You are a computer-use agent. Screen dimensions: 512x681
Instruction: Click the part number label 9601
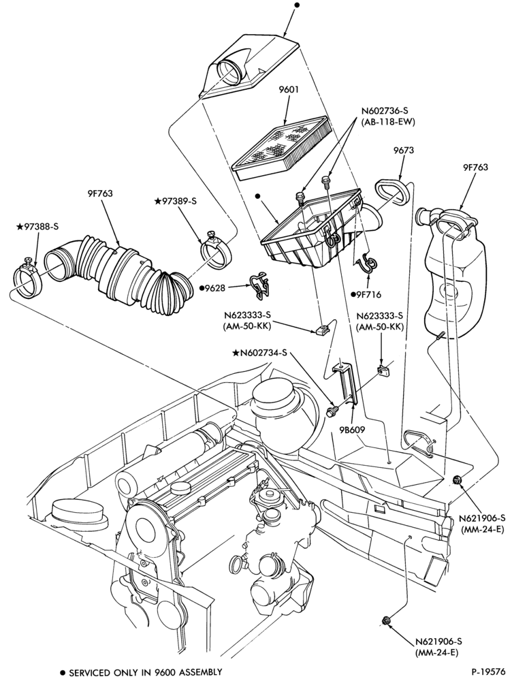pyautogui.click(x=289, y=91)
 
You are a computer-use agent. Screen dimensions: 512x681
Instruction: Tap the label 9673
pyautogui.click(x=404, y=151)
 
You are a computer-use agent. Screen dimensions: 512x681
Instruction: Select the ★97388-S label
pyautogui.click(x=37, y=226)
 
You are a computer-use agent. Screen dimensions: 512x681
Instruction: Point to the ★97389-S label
pyautogui.click(x=176, y=201)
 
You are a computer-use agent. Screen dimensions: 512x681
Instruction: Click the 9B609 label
pyautogui.click(x=353, y=430)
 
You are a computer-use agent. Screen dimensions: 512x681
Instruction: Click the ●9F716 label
pyautogui.click(x=366, y=295)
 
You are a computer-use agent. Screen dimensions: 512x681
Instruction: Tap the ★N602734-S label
pyautogui.click(x=260, y=353)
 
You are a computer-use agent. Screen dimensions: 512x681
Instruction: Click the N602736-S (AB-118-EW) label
pyautogui.click(x=388, y=117)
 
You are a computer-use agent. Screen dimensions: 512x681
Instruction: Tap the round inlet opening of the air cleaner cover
pyautogui.click(x=229, y=73)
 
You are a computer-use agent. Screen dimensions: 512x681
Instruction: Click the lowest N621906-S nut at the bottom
pyautogui.click(x=385, y=620)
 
